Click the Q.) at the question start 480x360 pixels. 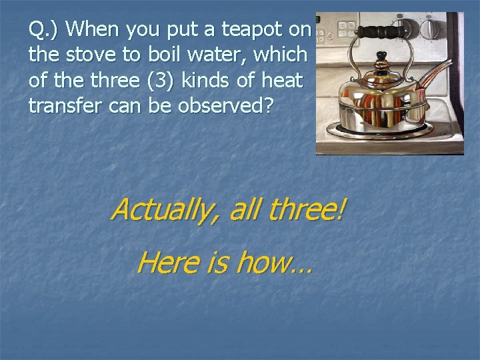click(45, 30)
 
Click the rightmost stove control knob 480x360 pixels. click(432, 28)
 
